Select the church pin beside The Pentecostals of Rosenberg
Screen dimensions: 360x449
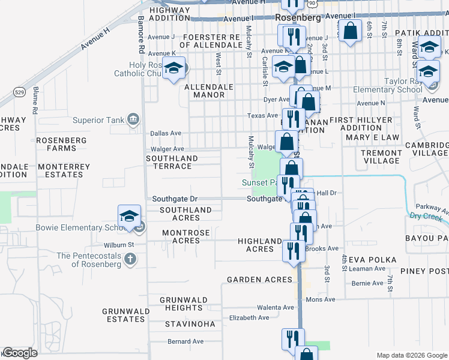[x=131, y=259]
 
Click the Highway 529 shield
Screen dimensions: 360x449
[x=19, y=92]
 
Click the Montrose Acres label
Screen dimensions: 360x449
[x=187, y=236]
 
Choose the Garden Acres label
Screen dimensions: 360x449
[x=259, y=280]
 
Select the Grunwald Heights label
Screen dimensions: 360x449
[x=183, y=304]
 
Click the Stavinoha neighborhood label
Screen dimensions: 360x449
[x=190, y=324]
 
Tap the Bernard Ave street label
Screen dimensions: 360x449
[x=185, y=341]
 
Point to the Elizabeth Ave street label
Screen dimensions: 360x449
[x=249, y=317]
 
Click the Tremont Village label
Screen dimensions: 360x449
[x=381, y=157]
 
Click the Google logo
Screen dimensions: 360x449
[x=20, y=353]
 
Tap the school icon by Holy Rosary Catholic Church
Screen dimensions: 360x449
[x=174, y=69]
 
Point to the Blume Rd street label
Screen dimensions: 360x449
[x=35, y=100]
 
